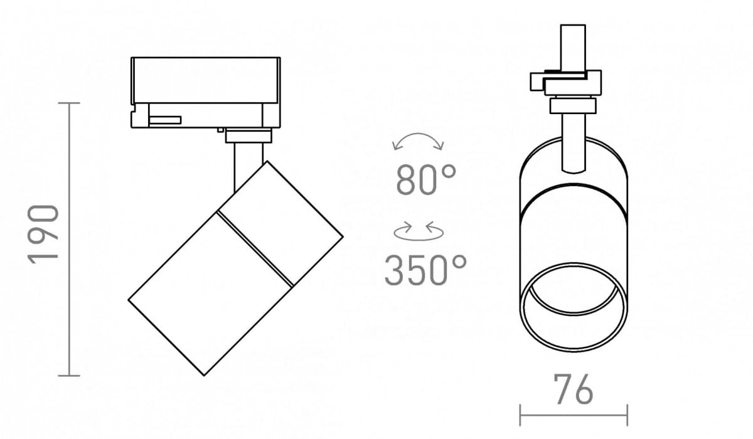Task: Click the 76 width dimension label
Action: point(574,389)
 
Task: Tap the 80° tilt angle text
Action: point(426,179)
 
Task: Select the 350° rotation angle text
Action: point(425,270)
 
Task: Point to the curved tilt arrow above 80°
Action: point(418,134)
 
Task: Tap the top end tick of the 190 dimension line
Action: point(69,103)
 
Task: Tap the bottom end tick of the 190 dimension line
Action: point(69,376)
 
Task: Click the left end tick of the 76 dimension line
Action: point(520,415)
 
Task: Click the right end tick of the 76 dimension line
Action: point(627,415)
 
